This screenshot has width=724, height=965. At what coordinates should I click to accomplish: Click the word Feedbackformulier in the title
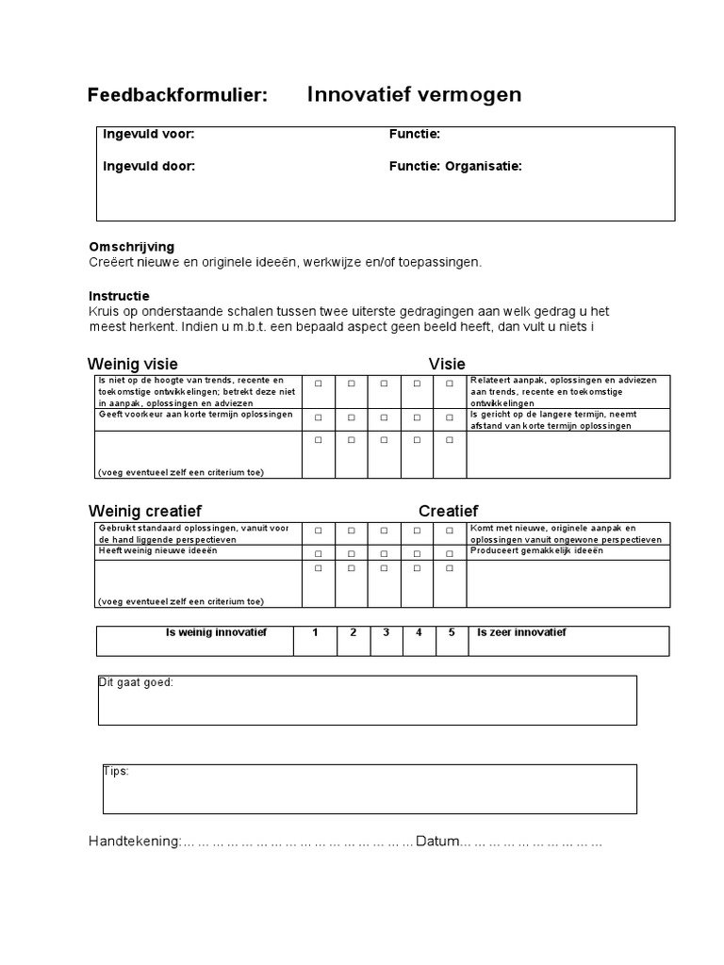click(x=177, y=95)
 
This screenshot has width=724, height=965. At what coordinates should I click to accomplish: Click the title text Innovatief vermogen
click(x=414, y=95)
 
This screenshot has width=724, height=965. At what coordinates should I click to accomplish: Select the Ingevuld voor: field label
click(x=148, y=135)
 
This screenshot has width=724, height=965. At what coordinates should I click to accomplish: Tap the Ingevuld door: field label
click(x=149, y=167)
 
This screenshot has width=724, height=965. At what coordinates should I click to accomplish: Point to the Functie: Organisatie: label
click(x=455, y=167)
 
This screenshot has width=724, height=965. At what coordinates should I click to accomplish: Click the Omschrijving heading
click(x=131, y=247)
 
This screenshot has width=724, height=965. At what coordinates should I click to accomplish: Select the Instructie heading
click(x=119, y=296)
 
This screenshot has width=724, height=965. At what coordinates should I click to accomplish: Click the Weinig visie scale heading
click(x=133, y=365)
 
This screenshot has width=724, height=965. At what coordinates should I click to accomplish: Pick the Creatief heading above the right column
click(x=448, y=511)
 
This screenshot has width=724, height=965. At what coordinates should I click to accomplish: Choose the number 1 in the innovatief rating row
click(x=316, y=632)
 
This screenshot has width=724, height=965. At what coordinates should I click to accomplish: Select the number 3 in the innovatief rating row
click(x=386, y=632)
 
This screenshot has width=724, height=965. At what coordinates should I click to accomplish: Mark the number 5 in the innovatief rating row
click(x=452, y=632)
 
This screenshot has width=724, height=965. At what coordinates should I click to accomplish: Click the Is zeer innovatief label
click(x=521, y=632)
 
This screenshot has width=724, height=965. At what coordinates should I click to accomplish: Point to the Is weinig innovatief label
click(x=216, y=632)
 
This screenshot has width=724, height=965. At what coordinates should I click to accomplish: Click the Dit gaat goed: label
click(x=137, y=682)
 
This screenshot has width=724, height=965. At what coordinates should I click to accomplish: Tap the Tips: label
click(x=116, y=771)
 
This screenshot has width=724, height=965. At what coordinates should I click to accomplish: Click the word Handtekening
click(x=133, y=842)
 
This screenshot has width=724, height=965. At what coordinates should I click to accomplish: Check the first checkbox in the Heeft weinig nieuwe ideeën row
click(x=318, y=554)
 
